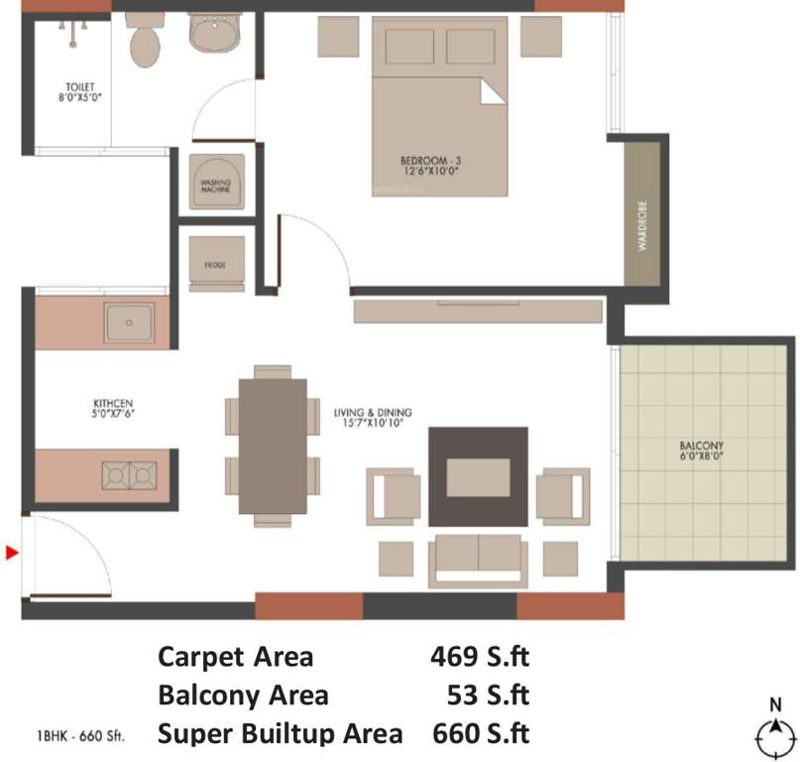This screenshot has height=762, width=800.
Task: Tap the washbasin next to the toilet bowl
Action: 215,36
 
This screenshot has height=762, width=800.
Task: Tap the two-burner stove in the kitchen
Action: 130,476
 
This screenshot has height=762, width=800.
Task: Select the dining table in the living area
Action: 274,444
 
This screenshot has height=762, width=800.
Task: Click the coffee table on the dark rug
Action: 478,477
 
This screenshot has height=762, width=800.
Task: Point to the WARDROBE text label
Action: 642,229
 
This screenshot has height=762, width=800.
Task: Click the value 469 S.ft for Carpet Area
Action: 479,657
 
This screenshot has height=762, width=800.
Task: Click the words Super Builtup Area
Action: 280,733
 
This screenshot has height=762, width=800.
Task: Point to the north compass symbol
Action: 775,733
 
